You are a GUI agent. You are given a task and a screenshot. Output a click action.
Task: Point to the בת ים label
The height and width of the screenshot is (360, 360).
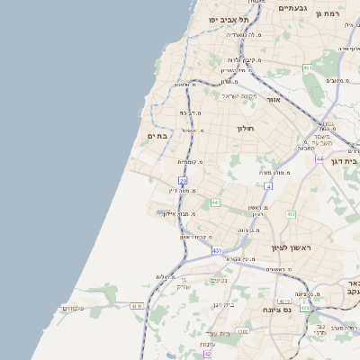[157, 135]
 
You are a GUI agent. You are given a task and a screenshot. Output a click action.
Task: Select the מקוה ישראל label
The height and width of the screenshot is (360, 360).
[239, 95]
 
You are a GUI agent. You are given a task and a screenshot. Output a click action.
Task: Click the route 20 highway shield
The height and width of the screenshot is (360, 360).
[183, 181]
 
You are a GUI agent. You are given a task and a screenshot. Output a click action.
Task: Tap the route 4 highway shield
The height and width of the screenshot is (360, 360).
[267, 185]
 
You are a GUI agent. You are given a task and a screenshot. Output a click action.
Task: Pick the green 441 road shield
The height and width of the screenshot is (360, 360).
[215, 202]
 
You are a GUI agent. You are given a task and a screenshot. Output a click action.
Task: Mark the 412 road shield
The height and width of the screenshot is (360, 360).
[291, 214]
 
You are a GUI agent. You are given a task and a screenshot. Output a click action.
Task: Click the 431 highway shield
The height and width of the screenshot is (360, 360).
[217, 251]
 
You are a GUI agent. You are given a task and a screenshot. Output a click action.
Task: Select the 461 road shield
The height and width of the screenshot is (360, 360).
[307, 67]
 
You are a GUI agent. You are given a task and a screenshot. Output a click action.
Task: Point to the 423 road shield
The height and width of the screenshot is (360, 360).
[304, 307]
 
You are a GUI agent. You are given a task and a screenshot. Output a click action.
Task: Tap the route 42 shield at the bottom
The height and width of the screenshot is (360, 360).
[207, 355]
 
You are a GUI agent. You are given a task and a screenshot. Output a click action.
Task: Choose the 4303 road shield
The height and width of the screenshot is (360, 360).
[284, 301]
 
